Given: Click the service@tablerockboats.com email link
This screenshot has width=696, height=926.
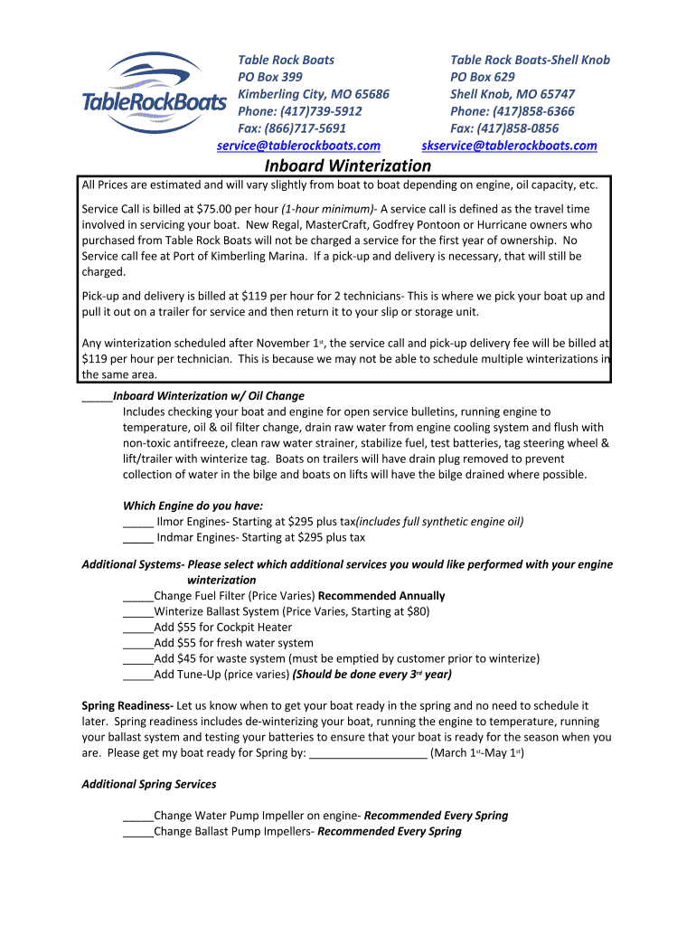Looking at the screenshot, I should coord(298,146).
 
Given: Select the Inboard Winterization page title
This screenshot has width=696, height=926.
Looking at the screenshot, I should coord(348,165).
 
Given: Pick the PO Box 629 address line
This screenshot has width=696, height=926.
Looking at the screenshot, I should coord(483,77).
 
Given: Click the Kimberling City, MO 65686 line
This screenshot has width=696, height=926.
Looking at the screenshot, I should coord(313,94).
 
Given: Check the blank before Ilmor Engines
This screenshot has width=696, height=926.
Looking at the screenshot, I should coord(137,522).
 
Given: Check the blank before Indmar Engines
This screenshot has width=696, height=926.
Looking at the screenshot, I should coord(137,537).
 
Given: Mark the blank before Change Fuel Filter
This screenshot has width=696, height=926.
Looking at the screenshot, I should coord(138,597).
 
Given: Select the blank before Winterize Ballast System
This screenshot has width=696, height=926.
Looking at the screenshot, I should coord(138,612).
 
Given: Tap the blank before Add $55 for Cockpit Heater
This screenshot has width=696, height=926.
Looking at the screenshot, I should coord(138,628).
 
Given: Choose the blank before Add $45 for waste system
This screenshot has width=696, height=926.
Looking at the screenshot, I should coord(138,659).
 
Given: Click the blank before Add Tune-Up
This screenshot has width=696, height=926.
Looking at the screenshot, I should coord(138,675).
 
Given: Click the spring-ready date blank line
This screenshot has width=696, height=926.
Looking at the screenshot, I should coord(368,753).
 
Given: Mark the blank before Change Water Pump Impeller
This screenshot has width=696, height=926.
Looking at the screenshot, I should coord(138,816).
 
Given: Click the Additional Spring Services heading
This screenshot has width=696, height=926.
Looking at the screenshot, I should coord(149,784).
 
